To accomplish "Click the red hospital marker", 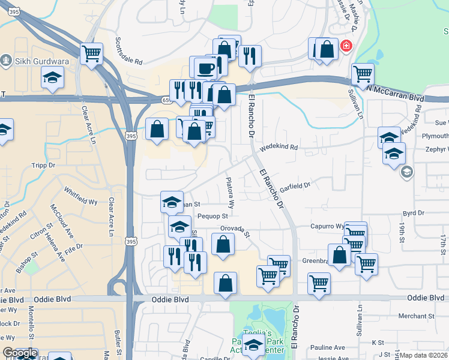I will (346, 46).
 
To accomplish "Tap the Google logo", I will (19, 353).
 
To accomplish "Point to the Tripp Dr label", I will (43, 164).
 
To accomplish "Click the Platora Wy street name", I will (230, 191).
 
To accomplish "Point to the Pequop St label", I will (212, 216).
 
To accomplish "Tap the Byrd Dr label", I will (414, 213).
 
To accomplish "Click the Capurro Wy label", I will (327, 227).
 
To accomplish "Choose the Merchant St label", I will (416, 316).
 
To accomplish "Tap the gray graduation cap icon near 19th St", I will (407, 173).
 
